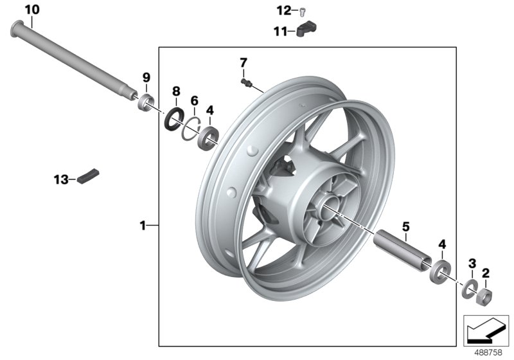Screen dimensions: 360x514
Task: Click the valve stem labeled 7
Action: click(x=246, y=83)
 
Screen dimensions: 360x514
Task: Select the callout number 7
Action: click(x=243, y=62)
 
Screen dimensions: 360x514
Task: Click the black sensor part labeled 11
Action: click(x=308, y=30)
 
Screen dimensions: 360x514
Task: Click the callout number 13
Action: click(x=60, y=179)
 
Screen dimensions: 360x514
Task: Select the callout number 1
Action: click(x=143, y=225)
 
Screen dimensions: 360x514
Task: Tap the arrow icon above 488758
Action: click(x=485, y=330)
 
